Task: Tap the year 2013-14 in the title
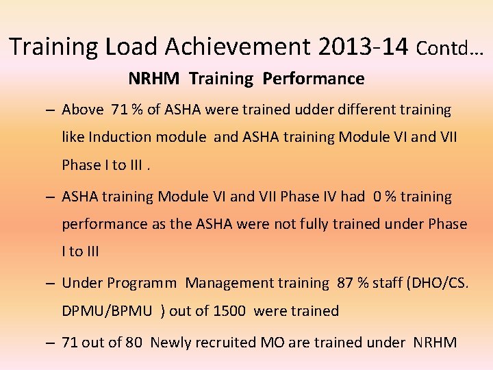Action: (x=363, y=47)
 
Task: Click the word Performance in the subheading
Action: (x=314, y=79)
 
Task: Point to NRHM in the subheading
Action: (x=155, y=79)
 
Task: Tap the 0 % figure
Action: (x=385, y=197)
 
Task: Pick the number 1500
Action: (x=229, y=311)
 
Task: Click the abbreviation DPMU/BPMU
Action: (x=108, y=311)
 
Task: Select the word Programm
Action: (x=144, y=283)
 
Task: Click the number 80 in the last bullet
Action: (x=133, y=342)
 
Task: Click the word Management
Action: (x=228, y=283)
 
